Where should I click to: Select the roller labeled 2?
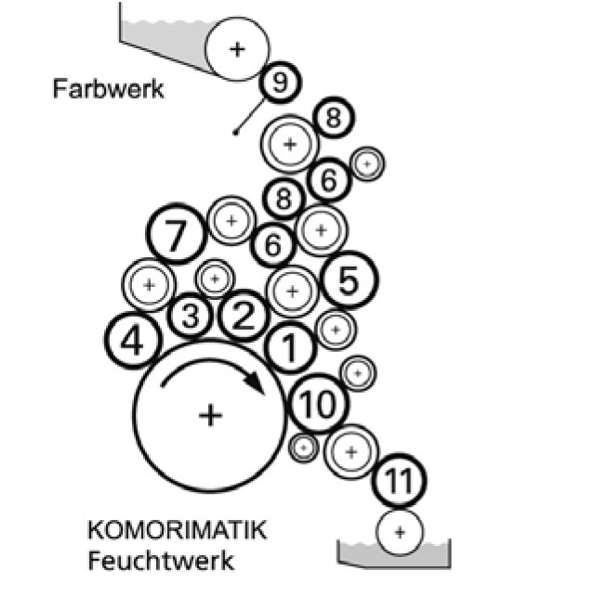pyautogui.click(x=243, y=316)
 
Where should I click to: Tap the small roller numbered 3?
pyautogui.click(x=191, y=317)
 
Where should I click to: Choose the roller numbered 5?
pyautogui.click(x=348, y=279)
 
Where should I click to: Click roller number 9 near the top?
pyautogui.click(x=281, y=83)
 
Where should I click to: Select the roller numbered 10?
pyautogui.click(x=318, y=404)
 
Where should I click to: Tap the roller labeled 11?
pyautogui.click(x=399, y=481)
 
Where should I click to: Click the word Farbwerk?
pyautogui.click(x=109, y=90)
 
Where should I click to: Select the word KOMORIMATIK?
pyautogui.click(x=177, y=532)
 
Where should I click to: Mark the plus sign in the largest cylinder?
pyautogui.click(x=211, y=414)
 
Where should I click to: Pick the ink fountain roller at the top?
pyautogui.click(x=237, y=48)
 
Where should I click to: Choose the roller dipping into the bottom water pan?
pyautogui.click(x=399, y=532)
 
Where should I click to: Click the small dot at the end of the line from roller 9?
pyautogui.click(x=236, y=133)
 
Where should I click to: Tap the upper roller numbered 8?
pyautogui.click(x=335, y=118)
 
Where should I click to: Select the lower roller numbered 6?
pyautogui.click(x=273, y=245)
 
